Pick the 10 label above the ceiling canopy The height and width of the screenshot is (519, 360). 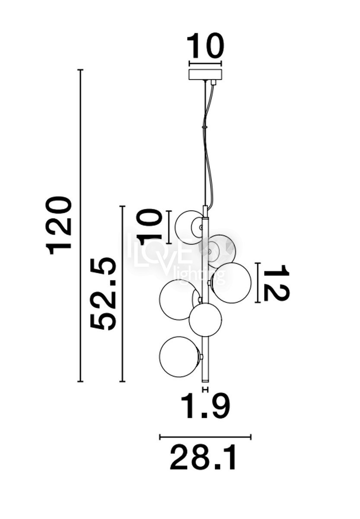pos(205,46)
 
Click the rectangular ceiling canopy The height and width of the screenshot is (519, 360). pos(205,74)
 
